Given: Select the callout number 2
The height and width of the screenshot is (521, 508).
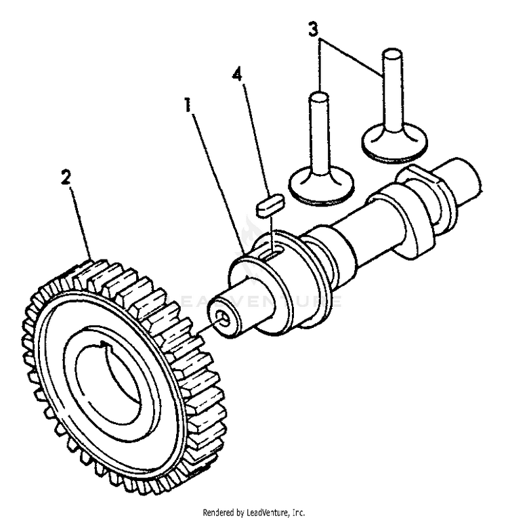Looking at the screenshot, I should [x=65, y=178].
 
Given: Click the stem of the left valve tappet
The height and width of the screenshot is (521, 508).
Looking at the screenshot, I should [x=318, y=129].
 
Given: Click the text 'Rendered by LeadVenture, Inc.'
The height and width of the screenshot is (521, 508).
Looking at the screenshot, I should [x=254, y=513].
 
